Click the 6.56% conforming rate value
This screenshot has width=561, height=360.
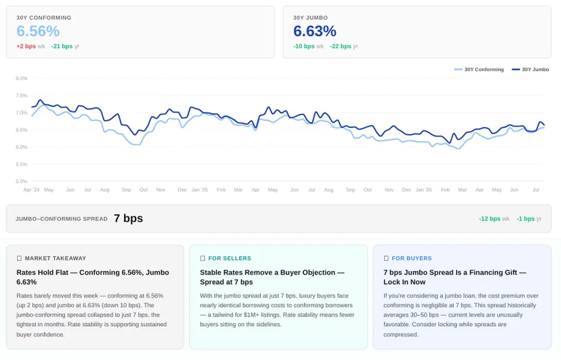click(x=38, y=31)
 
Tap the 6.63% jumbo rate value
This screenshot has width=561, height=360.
click(x=315, y=31)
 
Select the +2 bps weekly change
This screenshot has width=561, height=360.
click(x=26, y=46)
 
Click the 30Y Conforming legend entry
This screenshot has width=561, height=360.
click(x=479, y=69)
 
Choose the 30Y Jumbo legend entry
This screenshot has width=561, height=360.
click(x=531, y=69)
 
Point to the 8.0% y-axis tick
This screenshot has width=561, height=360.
click(x=22, y=78)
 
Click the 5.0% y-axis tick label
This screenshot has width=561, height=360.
click(x=22, y=181)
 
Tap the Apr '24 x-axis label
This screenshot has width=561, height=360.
click(x=31, y=190)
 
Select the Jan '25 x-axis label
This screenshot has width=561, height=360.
click(x=199, y=190)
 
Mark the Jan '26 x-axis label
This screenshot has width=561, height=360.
click(x=423, y=190)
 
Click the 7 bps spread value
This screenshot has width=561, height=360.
click(x=129, y=218)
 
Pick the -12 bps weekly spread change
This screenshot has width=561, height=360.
click(x=489, y=219)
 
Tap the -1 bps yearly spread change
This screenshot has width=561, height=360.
click(x=526, y=219)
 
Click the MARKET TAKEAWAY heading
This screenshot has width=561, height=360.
click(x=56, y=258)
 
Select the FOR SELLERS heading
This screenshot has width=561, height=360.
click(x=230, y=258)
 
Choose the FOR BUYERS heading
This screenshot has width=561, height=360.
click(x=412, y=258)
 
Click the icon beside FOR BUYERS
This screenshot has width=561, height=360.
click(x=386, y=258)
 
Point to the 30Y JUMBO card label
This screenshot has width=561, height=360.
click(x=310, y=18)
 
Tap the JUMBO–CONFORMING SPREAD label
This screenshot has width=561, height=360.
click(x=62, y=219)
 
